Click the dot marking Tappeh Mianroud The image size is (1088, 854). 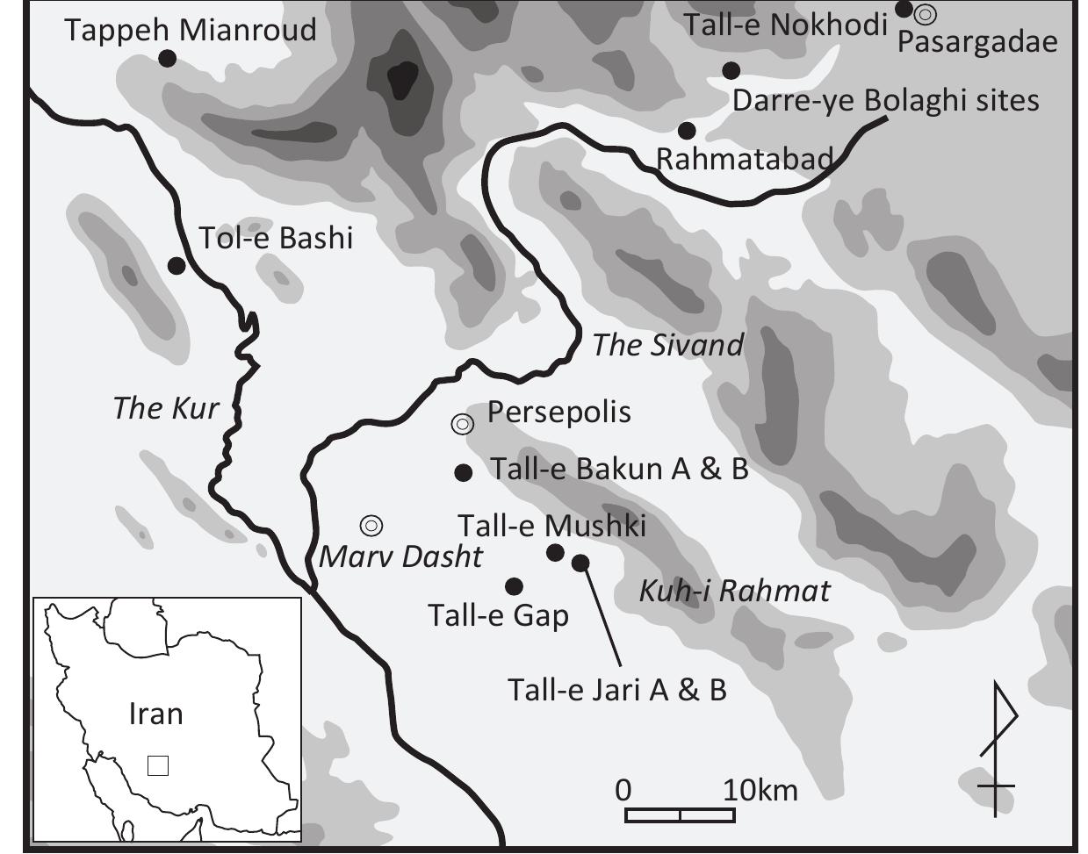pyautogui.click(x=166, y=58)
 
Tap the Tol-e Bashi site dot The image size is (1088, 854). pyautogui.click(x=177, y=265)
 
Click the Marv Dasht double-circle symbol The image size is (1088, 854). pyautogui.click(x=371, y=526)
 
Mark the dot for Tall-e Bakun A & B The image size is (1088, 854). pyautogui.click(x=464, y=472)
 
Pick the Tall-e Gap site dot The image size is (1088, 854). pyautogui.click(x=515, y=586)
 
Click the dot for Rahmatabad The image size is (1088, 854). pyautogui.click(x=688, y=131)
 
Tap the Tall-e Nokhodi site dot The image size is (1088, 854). pyautogui.click(x=904, y=10)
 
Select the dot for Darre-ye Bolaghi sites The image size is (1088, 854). pyautogui.click(x=731, y=70)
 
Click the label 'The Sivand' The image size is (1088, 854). pyautogui.click(x=667, y=345)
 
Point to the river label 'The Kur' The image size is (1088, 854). pyautogui.click(x=165, y=408)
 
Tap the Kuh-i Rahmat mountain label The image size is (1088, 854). pyautogui.click(x=733, y=591)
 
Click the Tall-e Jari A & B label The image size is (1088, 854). pyautogui.click(x=617, y=690)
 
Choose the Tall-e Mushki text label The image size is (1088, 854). pyautogui.click(x=551, y=526)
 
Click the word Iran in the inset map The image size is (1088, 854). pyautogui.click(x=155, y=714)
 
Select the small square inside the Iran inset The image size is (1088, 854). pyautogui.click(x=158, y=765)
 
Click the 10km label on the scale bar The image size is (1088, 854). pyautogui.click(x=760, y=790)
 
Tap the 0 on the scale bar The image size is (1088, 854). pyautogui.click(x=623, y=790)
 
